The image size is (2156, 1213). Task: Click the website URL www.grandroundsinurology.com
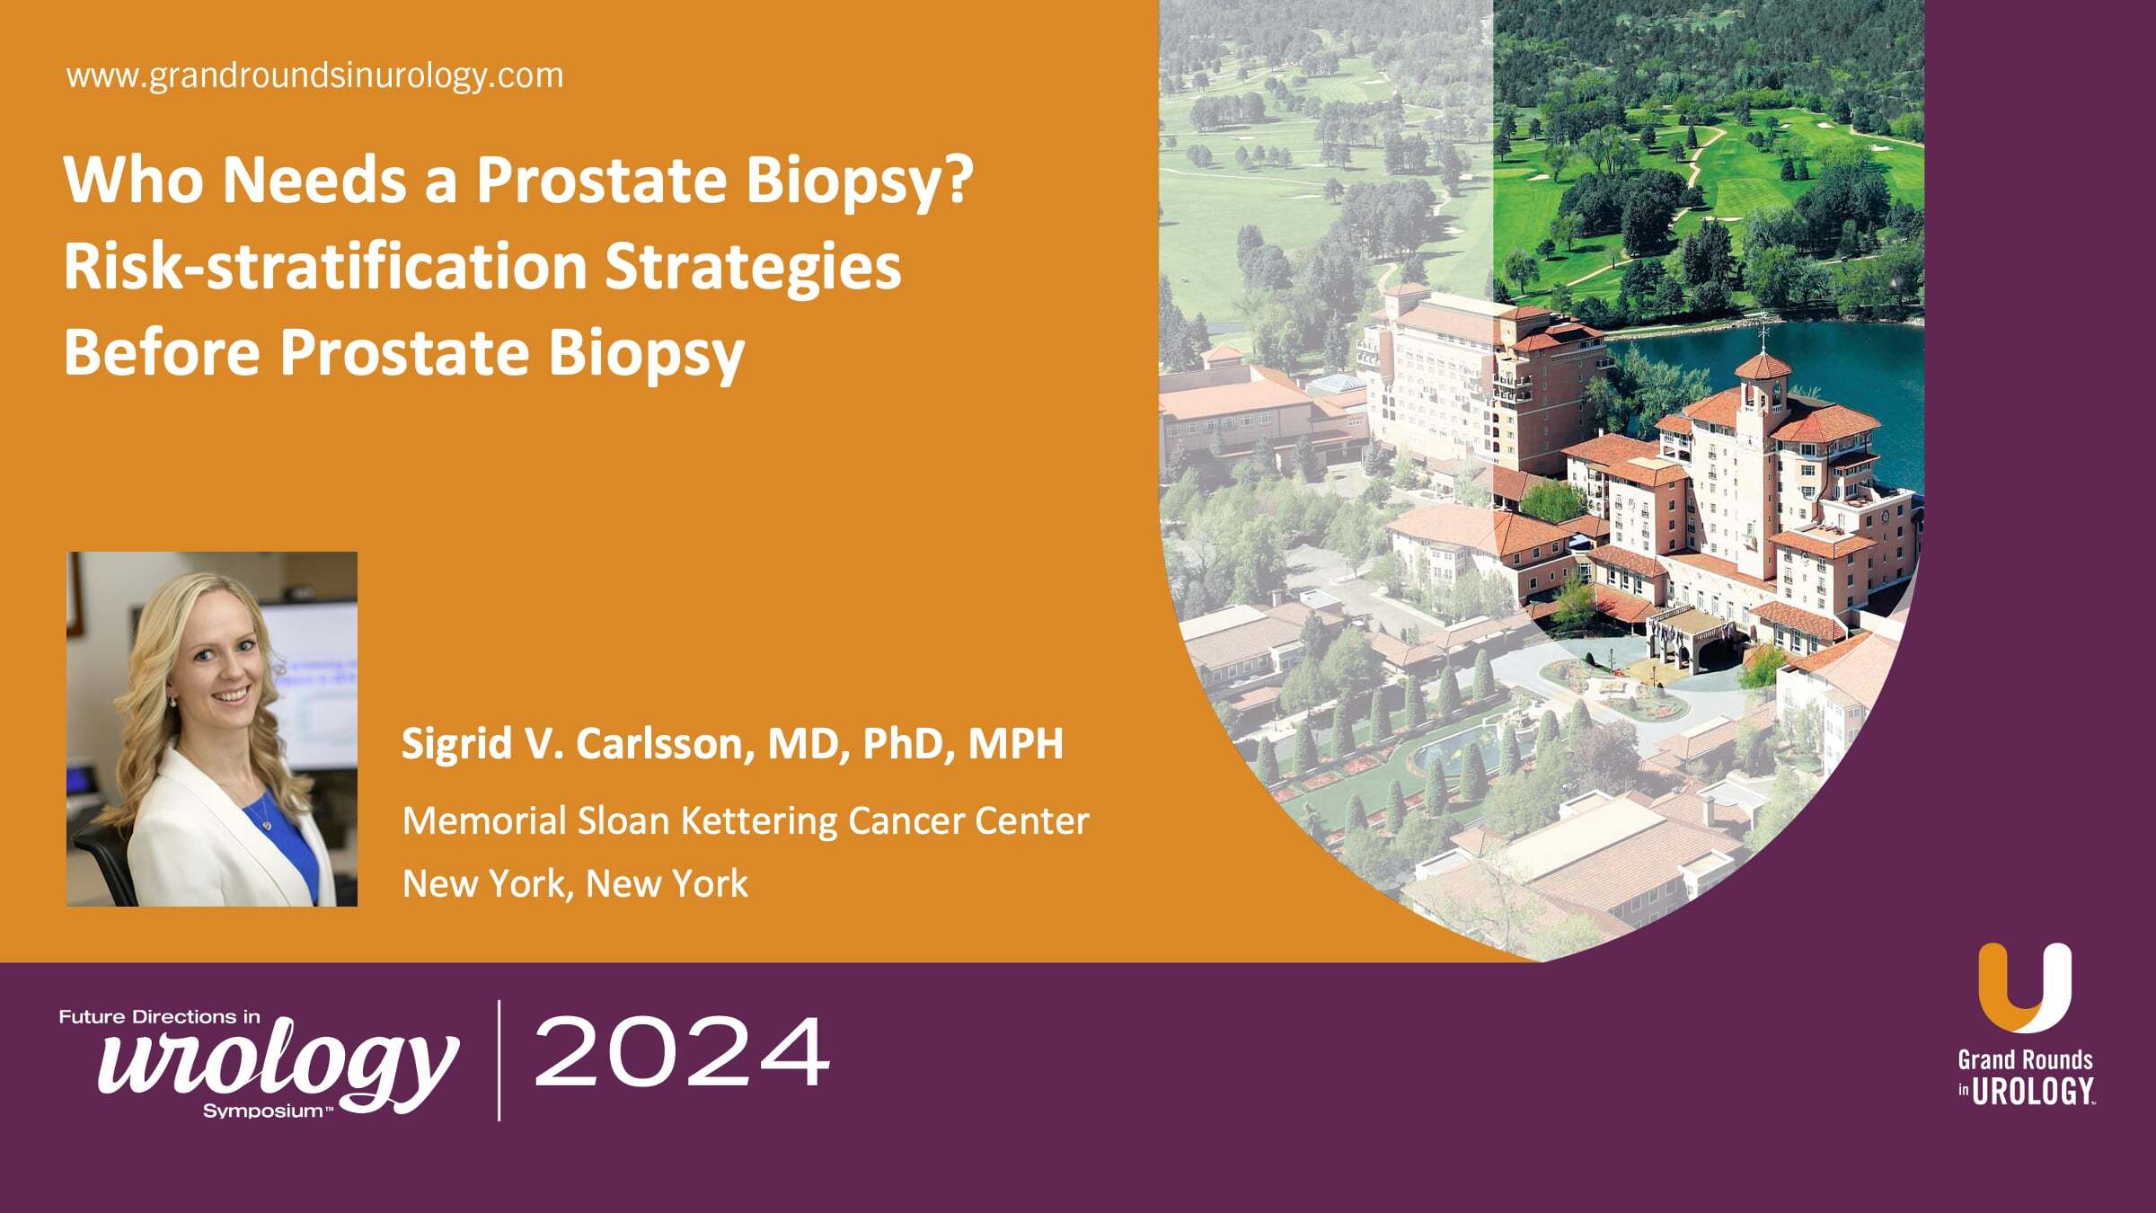pyautogui.click(x=314, y=75)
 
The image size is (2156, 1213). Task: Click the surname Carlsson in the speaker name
pyautogui.click(x=664, y=744)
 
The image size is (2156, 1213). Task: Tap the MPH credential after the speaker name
pyautogui.click(x=1015, y=744)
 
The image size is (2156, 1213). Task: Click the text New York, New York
pyautogui.click(x=575, y=884)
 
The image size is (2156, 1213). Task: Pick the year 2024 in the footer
pyautogui.click(x=681, y=1052)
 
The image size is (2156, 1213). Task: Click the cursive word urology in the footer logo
pyautogui.click(x=278, y=1065)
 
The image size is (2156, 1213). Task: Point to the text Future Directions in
pyautogui.click(x=160, y=1017)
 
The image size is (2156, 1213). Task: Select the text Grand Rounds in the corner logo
pyautogui.click(x=2025, y=1060)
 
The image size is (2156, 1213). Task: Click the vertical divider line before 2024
pyautogui.click(x=499, y=1060)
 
